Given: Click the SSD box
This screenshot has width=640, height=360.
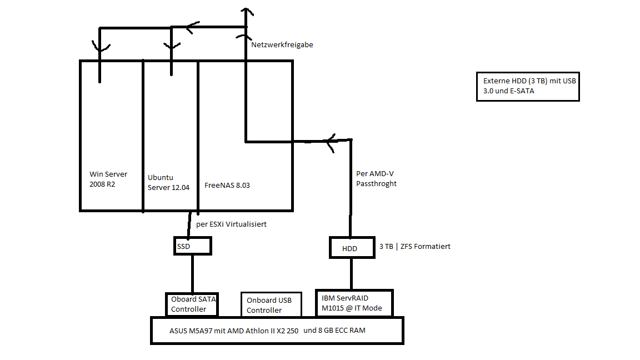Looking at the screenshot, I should point(192,245).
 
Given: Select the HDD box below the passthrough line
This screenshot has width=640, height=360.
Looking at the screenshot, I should point(351,248).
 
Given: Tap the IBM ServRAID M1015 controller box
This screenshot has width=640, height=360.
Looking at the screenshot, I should point(354,303).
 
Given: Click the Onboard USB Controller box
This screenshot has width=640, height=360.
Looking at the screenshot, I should point(271,305).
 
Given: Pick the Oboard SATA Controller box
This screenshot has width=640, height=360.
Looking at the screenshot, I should point(192,304).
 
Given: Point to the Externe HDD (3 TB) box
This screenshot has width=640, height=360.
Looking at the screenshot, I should point(528,86).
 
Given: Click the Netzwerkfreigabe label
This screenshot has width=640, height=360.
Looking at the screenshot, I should point(282,44).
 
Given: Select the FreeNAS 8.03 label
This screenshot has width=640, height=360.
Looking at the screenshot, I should point(227,185).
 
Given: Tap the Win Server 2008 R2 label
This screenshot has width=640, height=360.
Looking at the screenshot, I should point(108,179).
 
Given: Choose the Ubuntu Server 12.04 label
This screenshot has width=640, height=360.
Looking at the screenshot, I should point(168,182).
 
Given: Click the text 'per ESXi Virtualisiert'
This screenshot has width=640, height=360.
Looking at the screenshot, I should point(231,224).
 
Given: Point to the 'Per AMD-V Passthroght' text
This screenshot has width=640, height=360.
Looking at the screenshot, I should point(376,178).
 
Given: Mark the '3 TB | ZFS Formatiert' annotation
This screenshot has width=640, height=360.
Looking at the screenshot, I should point(414,246).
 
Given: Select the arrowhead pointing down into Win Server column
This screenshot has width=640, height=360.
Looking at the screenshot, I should point(99,46).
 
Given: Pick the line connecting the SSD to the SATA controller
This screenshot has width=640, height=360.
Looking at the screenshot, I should point(192,274).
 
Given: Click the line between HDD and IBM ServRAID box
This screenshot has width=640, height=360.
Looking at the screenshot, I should point(351,274).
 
